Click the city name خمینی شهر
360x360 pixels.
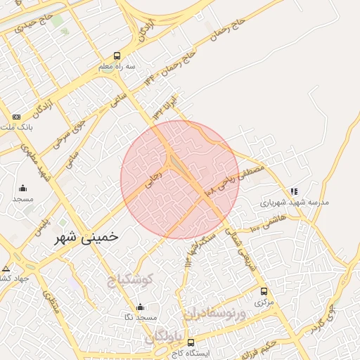[x=87, y=238]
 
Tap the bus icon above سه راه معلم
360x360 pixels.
[x=117, y=56]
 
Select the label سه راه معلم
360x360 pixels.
[x=115, y=67]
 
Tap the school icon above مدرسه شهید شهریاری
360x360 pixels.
[x=294, y=191]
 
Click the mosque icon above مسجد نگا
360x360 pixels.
[x=141, y=307]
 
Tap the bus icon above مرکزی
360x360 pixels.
[x=264, y=291]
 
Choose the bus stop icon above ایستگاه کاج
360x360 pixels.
[x=190, y=342]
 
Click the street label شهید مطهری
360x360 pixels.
[x=36, y=163]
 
